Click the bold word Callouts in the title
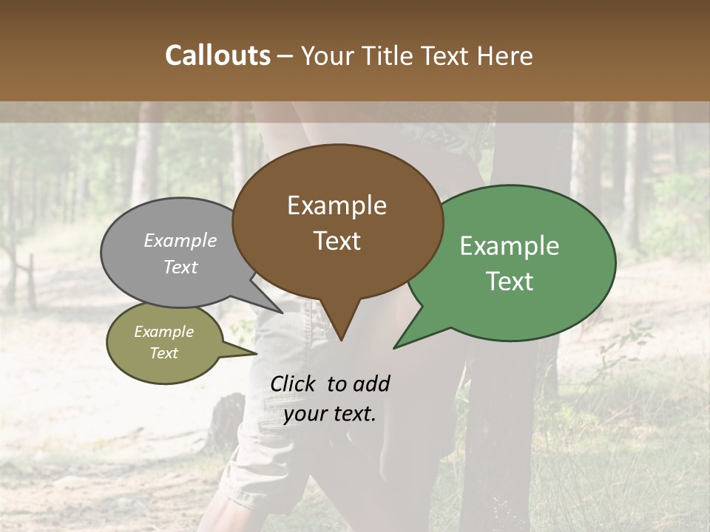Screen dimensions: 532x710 [x=217, y=55]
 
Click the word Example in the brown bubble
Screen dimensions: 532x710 [x=337, y=205]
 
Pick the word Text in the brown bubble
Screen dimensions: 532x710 [x=337, y=241]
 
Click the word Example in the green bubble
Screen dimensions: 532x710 [x=510, y=246]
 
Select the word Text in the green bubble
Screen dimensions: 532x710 [x=510, y=282]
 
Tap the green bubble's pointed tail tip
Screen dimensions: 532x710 [x=394, y=347]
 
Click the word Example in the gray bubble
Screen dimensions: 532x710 [x=180, y=240]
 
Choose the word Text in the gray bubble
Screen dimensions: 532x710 [x=180, y=267]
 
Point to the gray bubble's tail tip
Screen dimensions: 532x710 [x=281, y=313]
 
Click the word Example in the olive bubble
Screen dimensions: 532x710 [x=163, y=332]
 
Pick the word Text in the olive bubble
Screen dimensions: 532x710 [x=163, y=353]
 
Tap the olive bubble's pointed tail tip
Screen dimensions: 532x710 [x=257, y=353]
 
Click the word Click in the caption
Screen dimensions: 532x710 [x=294, y=383]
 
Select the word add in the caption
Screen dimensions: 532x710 [x=371, y=383]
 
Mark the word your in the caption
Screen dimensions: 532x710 [x=305, y=414]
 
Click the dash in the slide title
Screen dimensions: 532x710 [x=287, y=55]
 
